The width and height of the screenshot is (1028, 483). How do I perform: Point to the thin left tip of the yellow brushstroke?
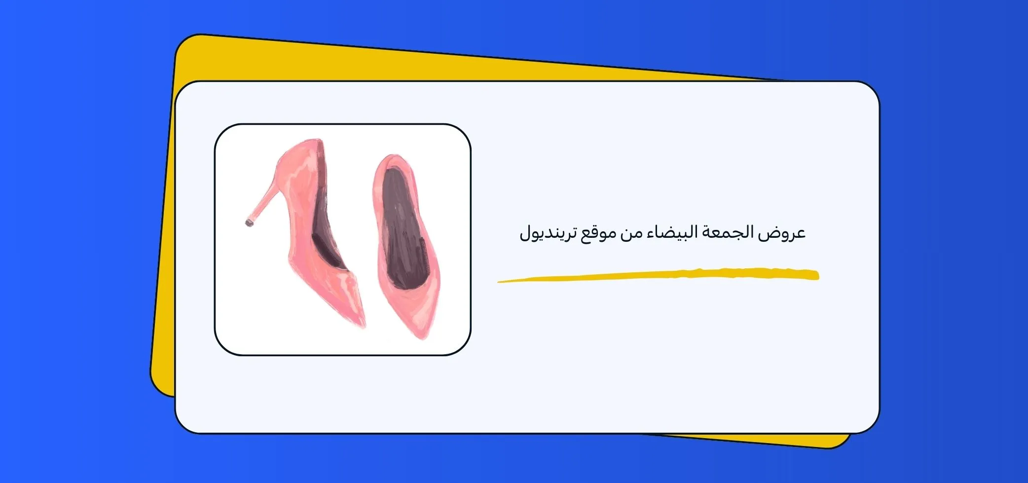(499, 282)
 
